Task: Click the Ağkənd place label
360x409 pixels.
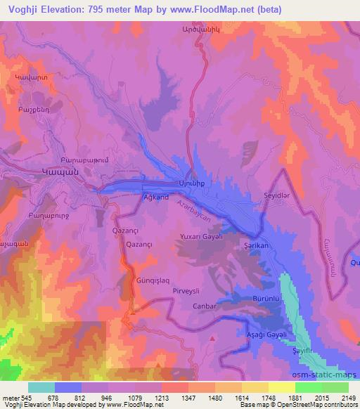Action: [x=155, y=197]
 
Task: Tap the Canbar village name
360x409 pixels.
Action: [x=204, y=306]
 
